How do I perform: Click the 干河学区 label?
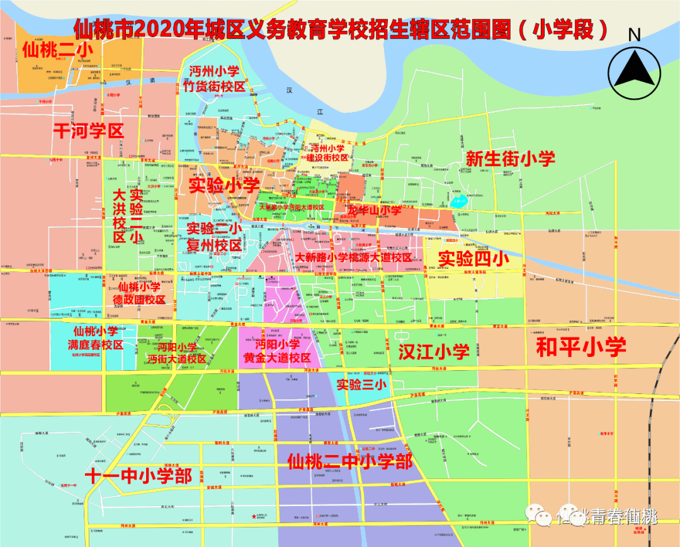click(88, 130)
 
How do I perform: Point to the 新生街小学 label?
click(510, 159)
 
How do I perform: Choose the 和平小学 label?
click(581, 347)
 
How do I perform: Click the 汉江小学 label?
click(434, 352)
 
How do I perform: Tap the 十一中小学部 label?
click(139, 475)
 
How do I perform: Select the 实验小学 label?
click(225, 185)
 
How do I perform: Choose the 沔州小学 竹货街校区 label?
click(213, 79)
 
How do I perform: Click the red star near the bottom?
click(254, 517)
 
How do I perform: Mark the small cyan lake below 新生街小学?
click(458, 203)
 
